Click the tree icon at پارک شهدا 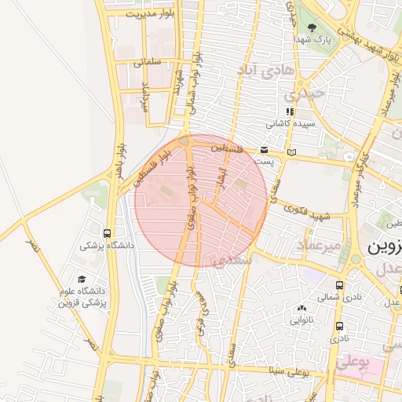tap(312, 27)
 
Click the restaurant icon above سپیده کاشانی tap(291, 111)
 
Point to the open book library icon tap(293, 152)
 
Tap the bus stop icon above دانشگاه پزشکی tap(107, 233)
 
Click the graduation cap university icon tap(81, 279)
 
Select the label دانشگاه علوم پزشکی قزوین tap(81, 296)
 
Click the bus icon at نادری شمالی tap(339, 286)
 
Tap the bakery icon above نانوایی tap(302, 308)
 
